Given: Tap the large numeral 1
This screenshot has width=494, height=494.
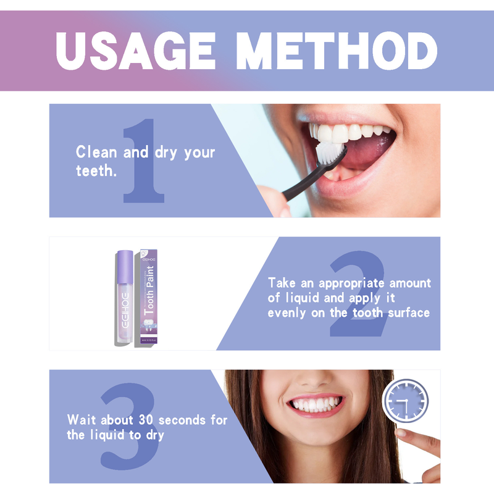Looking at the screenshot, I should click(x=143, y=162).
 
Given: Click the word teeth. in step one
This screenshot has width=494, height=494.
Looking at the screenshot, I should click(x=96, y=171).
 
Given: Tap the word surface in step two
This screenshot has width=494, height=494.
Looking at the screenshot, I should click(x=409, y=313).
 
